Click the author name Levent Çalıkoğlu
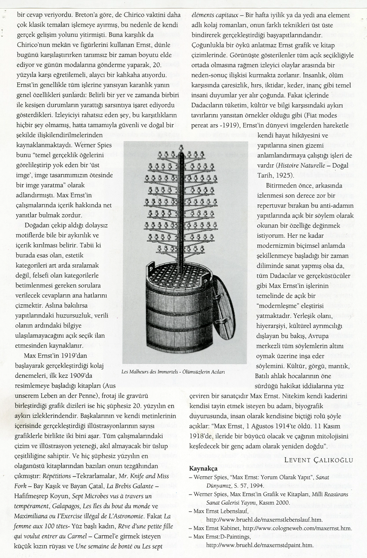click(x=319, y=460)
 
